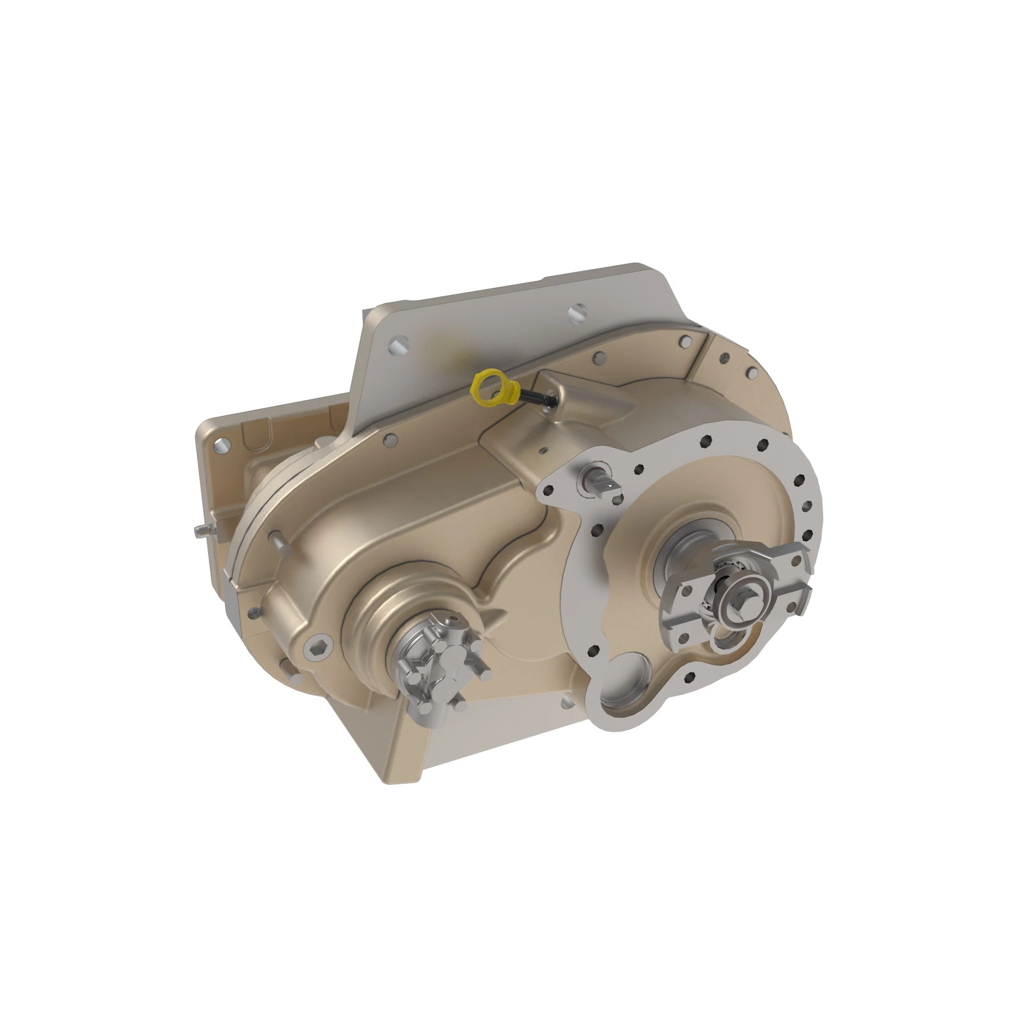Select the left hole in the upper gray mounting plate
point(399,345)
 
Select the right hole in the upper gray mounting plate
point(577,313)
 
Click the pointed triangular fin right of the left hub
point(499,617)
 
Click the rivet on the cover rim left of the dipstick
point(391,440)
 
